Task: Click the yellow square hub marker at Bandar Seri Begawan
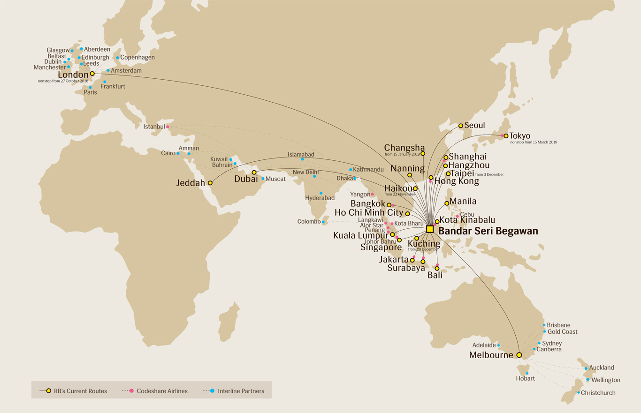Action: [x=429, y=229]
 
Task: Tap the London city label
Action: [x=73, y=75]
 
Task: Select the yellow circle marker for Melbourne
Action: [x=519, y=355]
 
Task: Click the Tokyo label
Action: [x=520, y=136]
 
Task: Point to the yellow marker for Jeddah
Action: [x=210, y=183]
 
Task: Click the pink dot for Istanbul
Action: [x=168, y=127]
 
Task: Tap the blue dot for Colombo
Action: [x=323, y=222]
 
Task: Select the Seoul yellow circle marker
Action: [x=461, y=126]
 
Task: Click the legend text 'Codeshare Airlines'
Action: [x=162, y=391]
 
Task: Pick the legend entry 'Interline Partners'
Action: [x=241, y=391]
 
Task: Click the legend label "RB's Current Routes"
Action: [x=80, y=391]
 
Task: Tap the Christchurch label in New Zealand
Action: [x=598, y=393]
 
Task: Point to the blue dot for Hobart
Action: [x=527, y=373]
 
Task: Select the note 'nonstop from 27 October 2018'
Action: [x=63, y=81]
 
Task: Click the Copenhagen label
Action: [x=137, y=58]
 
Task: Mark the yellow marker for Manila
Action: [x=447, y=203]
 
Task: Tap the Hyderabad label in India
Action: [x=320, y=198]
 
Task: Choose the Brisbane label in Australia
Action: [x=558, y=325]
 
